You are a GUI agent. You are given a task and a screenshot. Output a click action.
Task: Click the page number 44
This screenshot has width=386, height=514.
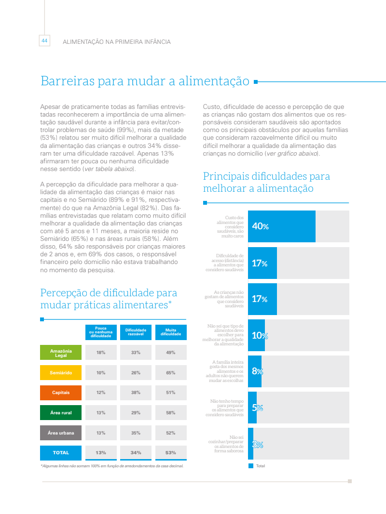pyautogui.click(x=44, y=41)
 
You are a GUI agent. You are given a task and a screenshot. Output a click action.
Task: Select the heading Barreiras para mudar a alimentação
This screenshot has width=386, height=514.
pyautogui.click(x=145, y=81)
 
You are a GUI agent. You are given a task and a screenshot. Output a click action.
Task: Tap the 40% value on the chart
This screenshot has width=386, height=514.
pyautogui.click(x=260, y=226)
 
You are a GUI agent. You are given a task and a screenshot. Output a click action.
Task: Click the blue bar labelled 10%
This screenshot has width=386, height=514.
pyautogui.click(x=257, y=335)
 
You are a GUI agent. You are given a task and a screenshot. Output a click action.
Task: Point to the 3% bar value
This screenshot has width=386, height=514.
pyautogui.click(x=258, y=445)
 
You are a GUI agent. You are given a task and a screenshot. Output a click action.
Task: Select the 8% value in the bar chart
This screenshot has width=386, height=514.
pyautogui.click(x=257, y=371)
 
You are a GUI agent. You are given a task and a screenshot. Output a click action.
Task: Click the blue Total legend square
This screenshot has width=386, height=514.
pyautogui.click(x=251, y=466)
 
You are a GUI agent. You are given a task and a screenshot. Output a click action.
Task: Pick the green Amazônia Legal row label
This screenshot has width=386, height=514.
pyautogui.click(x=61, y=353)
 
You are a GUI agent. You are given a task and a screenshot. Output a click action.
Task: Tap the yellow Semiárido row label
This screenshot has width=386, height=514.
pyautogui.click(x=61, y=373)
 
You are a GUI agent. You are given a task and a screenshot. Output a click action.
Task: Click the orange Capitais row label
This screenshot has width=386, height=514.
pyautogui.click(x=61, y=393)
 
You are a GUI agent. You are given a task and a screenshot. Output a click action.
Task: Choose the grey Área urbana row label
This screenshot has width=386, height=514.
pyautogui.click(x=61, y=433)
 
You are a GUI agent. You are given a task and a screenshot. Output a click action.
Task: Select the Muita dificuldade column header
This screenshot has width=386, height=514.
pyautogui.click(x=170, y=332)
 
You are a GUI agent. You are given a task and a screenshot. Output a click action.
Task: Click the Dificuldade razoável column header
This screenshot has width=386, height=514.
pyautogui.click(x=136, y=332)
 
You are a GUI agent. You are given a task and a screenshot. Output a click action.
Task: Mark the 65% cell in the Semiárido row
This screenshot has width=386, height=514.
pyautogui.click(x=170, y=373)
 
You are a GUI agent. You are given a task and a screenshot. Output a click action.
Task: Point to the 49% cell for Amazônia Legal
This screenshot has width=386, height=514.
pyautogui.click(x=170, y=353)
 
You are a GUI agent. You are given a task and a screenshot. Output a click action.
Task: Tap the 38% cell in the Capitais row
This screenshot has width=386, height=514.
pyautogui.click(x=136, y=393)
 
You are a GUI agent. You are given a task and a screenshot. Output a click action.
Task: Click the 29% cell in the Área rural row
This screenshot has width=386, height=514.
pyautogui.click(x=136, y=413)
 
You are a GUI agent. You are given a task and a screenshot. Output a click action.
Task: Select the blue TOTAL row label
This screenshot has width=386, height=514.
pyautogui.click(x=61, y=453)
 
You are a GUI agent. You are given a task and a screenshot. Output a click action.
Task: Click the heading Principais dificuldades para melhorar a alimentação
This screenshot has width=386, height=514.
pyautogui.click(x=266, y=182)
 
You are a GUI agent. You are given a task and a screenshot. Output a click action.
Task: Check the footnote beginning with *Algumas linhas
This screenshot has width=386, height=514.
pyautogui.click(x=112, y=466)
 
